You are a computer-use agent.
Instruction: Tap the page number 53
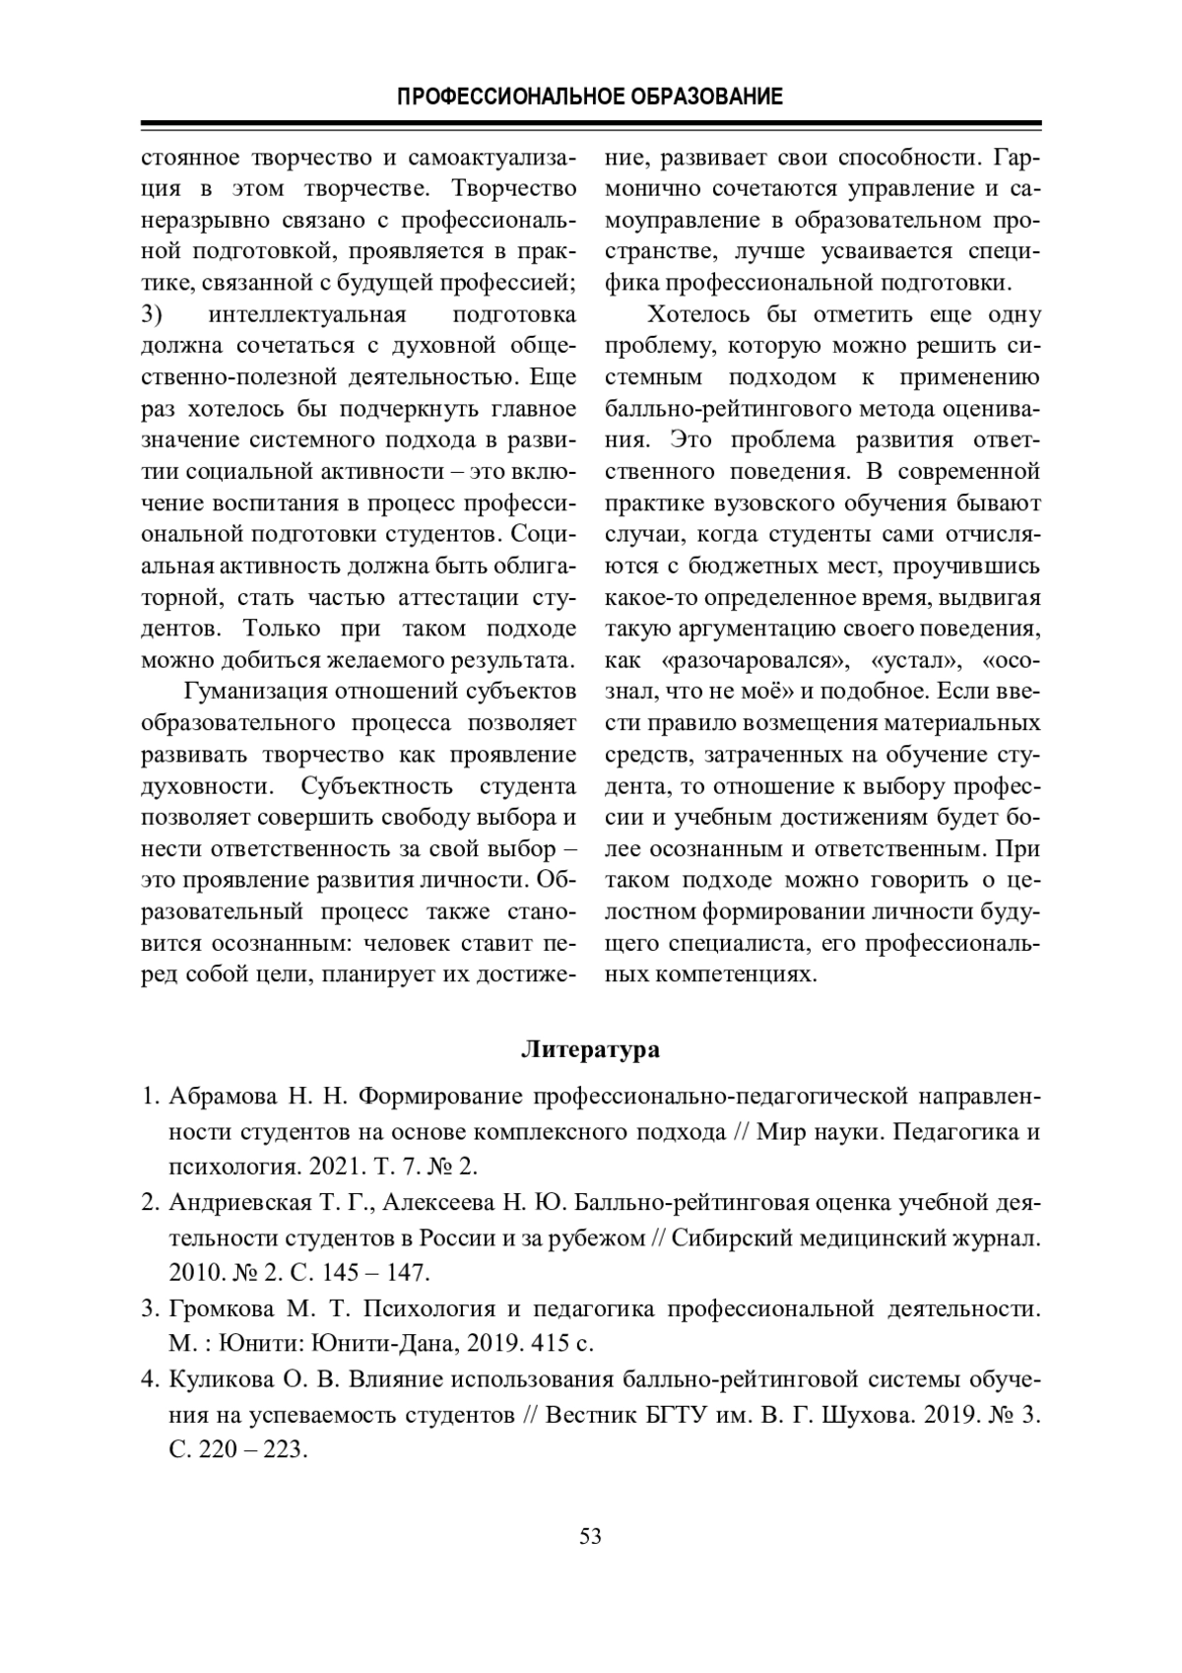[x=591, y=1536]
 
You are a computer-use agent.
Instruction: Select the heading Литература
[x=590, y=1049]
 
